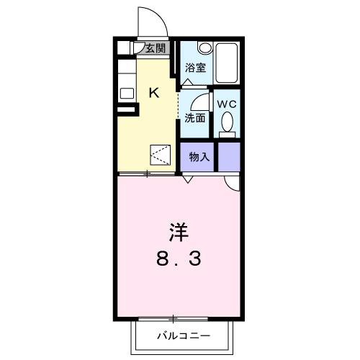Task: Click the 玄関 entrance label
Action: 156,49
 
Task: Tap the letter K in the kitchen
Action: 153,91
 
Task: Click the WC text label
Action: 227,104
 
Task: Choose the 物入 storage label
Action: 199,157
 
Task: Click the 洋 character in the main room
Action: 179,232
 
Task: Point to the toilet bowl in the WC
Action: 228,128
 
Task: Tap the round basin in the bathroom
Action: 204,49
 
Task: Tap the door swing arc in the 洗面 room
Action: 202,101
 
